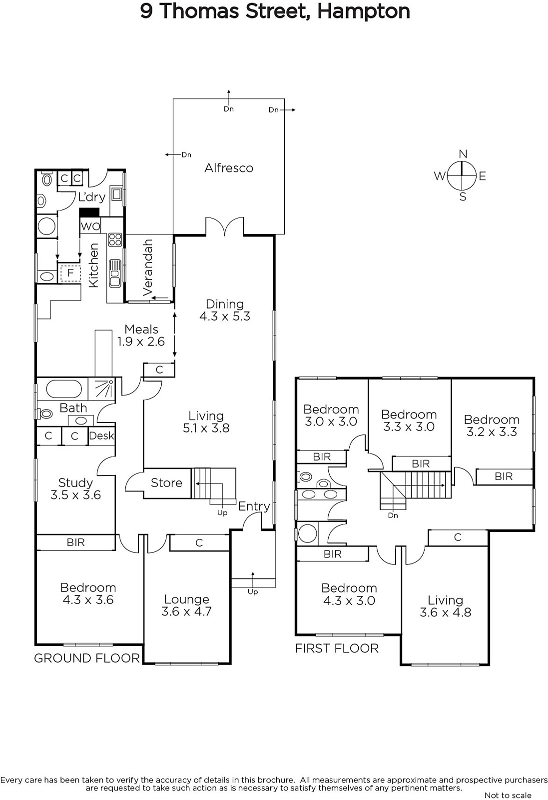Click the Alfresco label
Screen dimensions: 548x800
pyautogui.click(x=229, y=168)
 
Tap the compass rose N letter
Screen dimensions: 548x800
pyautogui.click(x=463, y=154)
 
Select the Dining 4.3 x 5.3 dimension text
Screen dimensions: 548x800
pyautogui.click(x=225, y=316)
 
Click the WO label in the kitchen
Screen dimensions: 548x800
pyautogui.click(x=90, y=226)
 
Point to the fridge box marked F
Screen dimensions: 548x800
pyautogui.click(x=70, y=273)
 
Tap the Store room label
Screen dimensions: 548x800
pyautogui.click(x=166, y=483)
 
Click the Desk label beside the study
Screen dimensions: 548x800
pyautogui.click(x=101, y=435)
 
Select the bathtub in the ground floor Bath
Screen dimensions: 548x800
pyautogui.click(x=64, y=389)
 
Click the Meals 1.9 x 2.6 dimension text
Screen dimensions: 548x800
pyautogui.click(x=141, y=341)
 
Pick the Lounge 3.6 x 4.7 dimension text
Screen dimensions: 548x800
pyautogui.click(x=186, y=611)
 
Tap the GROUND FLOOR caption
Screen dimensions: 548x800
pyautogui.click(x=87, y=658)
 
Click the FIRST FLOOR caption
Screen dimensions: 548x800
pyautogui.click(x=336, y=648)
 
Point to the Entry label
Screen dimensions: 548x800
pyautogui.click(x=254, y=506)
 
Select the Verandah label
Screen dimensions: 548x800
pyautogui.click(x=148, y=267)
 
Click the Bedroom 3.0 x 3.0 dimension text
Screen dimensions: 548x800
pyautogui.click(x=331, y=421)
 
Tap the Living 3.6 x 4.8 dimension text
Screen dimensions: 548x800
pyautogui.click(x=445, y=612)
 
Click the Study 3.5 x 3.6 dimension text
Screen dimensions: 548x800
pyautogui.click(x=75, y=495)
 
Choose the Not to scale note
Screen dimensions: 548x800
pyautogui.click(x=508, y=795)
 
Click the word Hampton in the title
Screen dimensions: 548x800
pyautogui.click(x=364, y=12)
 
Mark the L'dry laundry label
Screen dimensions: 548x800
pyautogui.click(x=92, y=197)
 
